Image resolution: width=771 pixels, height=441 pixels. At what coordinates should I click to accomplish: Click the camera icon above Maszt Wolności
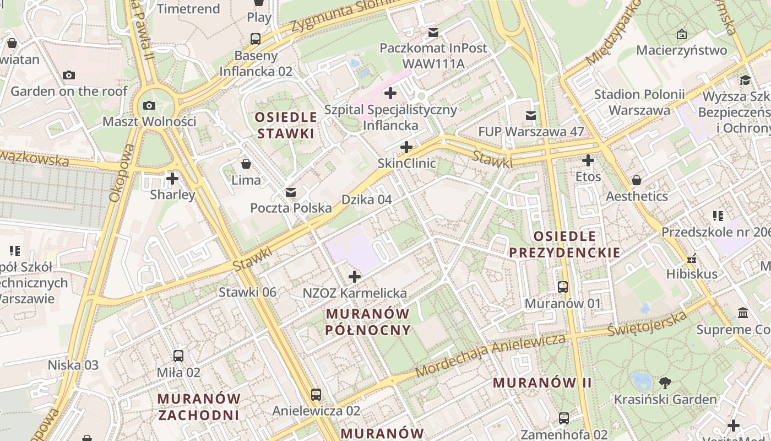coord(149,106)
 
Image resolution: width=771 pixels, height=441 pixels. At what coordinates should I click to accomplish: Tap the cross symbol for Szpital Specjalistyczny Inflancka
coord(390,93)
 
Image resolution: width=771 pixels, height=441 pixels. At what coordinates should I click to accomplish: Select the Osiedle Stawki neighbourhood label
coord(286,125)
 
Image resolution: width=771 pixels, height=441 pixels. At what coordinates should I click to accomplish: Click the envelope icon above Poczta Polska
coord(290,192)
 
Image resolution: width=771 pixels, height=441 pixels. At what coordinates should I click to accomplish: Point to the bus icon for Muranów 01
coord(562,287)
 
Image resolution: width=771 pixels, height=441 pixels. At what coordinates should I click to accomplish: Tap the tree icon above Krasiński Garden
coord(665,383)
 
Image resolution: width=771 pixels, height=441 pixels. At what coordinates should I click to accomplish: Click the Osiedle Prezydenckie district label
coord(564,245)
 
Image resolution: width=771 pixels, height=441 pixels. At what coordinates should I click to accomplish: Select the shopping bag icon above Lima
coord(246,164)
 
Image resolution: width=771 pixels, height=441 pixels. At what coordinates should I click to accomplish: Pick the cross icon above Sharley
coord(172,179)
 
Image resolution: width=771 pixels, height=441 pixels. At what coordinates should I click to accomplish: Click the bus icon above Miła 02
coord(178,356)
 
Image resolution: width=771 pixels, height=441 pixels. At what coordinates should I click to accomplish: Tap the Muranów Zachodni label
coord(199,406)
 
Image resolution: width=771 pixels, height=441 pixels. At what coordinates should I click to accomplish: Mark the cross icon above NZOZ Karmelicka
coord(355,277)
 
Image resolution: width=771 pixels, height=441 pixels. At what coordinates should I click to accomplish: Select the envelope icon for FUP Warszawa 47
coord(531,116)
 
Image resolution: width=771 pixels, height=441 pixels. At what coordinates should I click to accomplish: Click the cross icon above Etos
coord(588,161)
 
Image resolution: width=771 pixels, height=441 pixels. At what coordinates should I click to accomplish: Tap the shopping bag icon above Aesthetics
coord(637,180)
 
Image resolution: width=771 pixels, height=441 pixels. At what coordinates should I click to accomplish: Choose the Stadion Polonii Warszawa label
coord(639,102)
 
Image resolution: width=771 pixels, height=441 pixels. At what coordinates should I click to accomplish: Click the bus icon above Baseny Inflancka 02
coord(256,39)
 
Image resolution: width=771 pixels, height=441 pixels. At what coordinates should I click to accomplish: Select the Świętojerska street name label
coord(647,324)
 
